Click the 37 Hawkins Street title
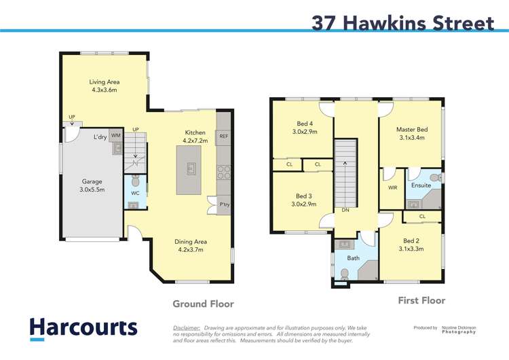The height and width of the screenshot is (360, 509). click(x=402, y=22)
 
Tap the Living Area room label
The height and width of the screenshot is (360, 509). click(x=105, y=86)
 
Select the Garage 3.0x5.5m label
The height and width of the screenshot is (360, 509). click(x=92, y=186)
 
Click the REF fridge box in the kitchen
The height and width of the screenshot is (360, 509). click(x=223, y=137)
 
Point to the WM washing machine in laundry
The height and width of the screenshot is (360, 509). click(x=115, y=136)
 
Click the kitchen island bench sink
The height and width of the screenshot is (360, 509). click(x=190, y=168)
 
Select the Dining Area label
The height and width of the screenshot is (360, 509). click(x=190, y=245)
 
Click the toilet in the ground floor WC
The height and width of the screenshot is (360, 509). click(x=134, y=181)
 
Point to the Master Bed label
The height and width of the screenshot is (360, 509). click(x=412, y=133)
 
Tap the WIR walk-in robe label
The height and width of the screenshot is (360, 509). click(x=392, y=187)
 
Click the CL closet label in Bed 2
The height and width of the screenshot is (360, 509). click(x=422, y=217)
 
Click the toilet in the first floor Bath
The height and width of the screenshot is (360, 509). click(x=345, y=273)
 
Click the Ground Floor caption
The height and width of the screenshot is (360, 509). click(x=203, y=304)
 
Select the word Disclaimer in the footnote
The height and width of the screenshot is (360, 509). click(x=187, y=327)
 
